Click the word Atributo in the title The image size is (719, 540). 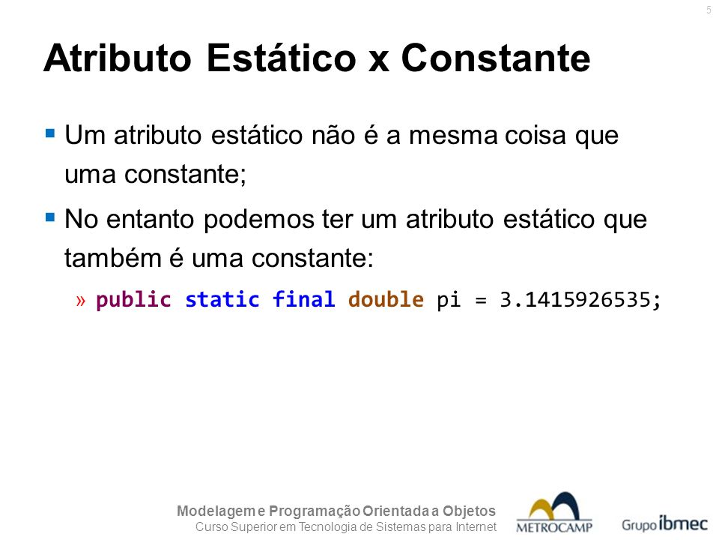point(118,58)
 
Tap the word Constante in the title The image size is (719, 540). point(496,58)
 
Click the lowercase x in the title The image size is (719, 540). point(379,62)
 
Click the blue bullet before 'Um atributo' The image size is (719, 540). point(50,133)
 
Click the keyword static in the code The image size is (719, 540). point(222,300)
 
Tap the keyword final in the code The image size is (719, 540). point(303,299)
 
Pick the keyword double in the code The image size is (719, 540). point(386,299)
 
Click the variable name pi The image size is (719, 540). point(449,301)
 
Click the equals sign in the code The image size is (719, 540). point(480,301)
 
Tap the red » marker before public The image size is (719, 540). point(81,301)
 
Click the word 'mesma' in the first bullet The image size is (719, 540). point(453,136)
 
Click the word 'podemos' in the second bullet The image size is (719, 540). point(259,220)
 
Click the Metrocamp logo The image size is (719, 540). point(554,512)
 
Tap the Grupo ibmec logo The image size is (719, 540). point(665,523)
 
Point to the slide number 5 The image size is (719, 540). point(709,10)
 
